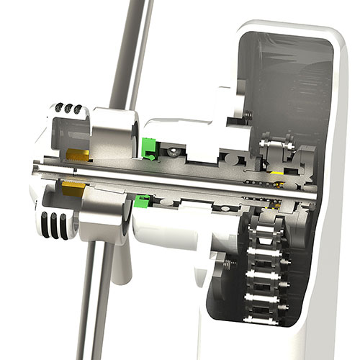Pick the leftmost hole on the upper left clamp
point(58,108)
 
